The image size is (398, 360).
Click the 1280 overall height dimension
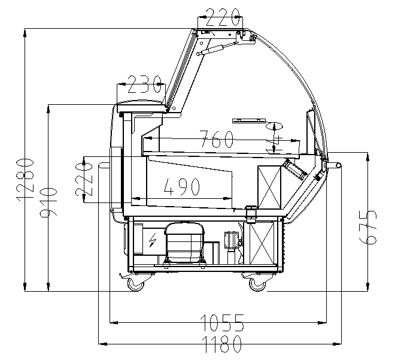[x=25, y=179]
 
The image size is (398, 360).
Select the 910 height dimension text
[x=48, y=202]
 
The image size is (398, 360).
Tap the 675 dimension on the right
[x=368, y=227]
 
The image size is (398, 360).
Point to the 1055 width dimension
[x=222, y=323]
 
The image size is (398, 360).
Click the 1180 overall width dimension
[x=223, y=344]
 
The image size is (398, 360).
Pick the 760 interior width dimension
[x=217, y=139]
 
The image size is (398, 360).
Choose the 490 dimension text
[x=181, y=187]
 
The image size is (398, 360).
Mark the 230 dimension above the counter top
[x=144, y=84]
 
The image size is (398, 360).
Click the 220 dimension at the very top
[x=223, y=17]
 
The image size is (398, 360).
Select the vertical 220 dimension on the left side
[x=84, y=179]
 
